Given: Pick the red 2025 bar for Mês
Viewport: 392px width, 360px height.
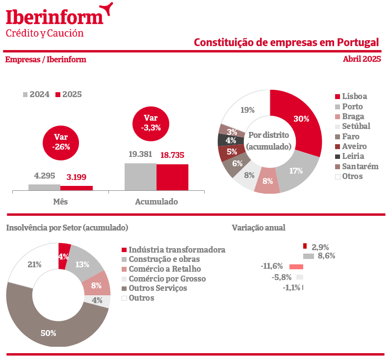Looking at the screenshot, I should point(77,188).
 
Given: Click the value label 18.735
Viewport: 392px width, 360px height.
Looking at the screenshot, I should point(172,155).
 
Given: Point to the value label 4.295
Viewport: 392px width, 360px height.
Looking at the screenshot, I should point(44,176).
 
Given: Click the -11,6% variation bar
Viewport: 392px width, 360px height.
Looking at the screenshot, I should point(296,267).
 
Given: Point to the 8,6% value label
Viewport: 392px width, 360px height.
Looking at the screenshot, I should point(326,256).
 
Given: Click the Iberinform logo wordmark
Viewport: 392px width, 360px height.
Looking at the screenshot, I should point(54,16).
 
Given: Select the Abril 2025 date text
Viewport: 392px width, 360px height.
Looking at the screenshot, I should point(362,59).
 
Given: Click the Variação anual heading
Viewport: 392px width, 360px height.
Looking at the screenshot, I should point(258,228).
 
